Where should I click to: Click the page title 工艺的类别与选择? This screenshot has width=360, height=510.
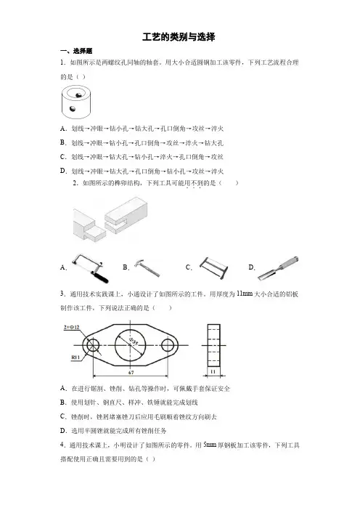[x=179, y=37]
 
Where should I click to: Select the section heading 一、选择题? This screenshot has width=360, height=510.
[x=76, y=51]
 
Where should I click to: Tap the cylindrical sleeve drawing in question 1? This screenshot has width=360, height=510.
[x=76, y=102]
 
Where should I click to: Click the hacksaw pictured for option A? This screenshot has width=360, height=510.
[x=90, y=268]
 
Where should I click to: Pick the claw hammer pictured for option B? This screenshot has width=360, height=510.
[x=147, y=267]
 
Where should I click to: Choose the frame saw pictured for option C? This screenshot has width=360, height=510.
[x=213, y=267]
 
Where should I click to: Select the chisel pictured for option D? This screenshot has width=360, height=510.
[x=278, y=268]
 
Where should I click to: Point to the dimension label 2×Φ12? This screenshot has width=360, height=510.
[x=71, y=327]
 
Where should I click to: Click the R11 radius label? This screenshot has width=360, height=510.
[x=75, y=357]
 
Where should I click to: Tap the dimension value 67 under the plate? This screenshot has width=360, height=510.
[x=131, y=372]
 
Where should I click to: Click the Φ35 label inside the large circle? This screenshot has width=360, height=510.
[x=134, y=341]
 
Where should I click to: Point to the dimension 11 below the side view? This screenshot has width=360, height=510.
[x=213, y=371]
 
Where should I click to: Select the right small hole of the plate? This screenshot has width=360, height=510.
[x=168, y=345]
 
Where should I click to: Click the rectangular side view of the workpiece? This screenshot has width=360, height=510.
[x=213, y=345]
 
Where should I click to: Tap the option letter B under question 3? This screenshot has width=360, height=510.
[x=63, y=402]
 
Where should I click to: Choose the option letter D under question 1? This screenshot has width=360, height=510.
[x=63, y=171]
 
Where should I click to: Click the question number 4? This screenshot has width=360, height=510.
[x=62, y=445]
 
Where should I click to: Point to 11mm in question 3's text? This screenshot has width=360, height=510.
[x=245, y=294]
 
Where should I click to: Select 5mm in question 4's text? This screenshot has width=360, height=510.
[x=210, y=445]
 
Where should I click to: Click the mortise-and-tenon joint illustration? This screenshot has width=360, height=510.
[x=110, y=219]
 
